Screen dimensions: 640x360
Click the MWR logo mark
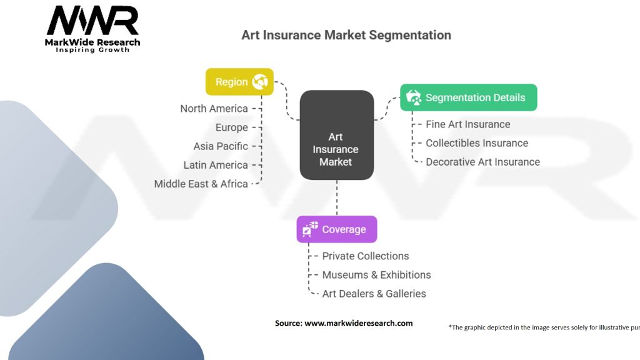point(92,21)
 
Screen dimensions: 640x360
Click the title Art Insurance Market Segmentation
point(346,35)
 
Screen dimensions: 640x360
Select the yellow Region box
point(239,82)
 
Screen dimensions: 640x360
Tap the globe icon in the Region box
point(260,82)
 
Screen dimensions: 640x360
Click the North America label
point(214,109)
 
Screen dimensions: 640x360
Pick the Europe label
point(231,127)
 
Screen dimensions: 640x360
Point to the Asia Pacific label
point(221,146)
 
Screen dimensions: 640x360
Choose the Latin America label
point(216,165)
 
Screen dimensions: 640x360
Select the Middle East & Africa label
point(201,184)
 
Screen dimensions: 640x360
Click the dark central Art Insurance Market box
point(337,135)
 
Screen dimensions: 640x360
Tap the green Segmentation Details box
point(469,97)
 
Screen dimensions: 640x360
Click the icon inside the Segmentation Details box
point(414,97)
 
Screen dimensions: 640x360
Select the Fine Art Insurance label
point(467,124)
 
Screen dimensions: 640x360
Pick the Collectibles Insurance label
point(477,143)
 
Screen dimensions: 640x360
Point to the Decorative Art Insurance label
point(482,162)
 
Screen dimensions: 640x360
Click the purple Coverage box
point(337,229)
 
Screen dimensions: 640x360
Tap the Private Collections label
point(365,256)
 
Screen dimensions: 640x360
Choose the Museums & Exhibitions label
point(376,275)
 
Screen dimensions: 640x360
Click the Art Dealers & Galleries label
point(374,294)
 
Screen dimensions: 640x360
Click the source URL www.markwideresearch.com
point(358,323)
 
